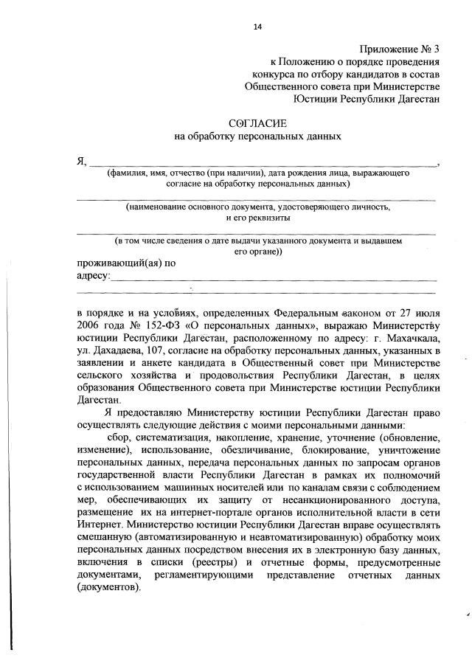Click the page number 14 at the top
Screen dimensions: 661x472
pyautogui.click(x=257, y=27)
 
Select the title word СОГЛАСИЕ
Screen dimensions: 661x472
pyautogui.click(x=257, y=122)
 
